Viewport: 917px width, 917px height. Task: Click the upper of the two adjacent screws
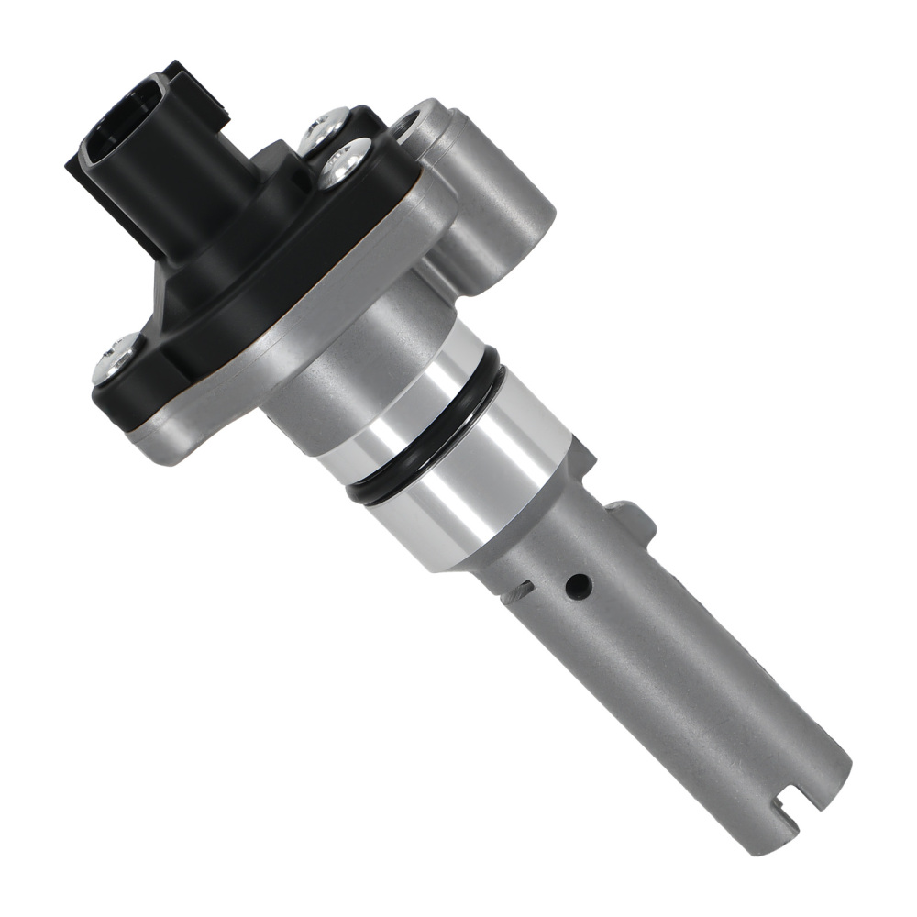[x=326, y=128]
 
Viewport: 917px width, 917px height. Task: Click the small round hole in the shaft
[x=578, y=584]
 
